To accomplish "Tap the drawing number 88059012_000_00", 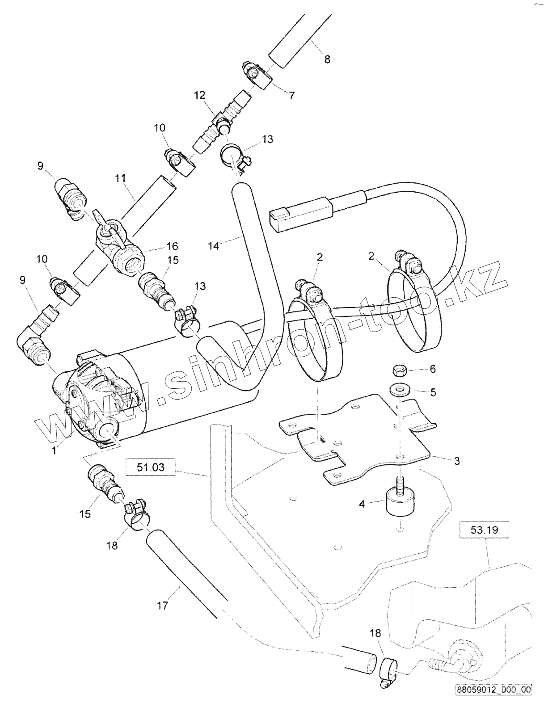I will (x=493, y=690).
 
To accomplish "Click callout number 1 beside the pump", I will (x=54, y=450).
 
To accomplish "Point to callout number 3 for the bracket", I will (x=457, y=460).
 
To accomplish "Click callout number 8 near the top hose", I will (x=327, y=59).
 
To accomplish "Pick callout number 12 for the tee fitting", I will (x=200, y=95).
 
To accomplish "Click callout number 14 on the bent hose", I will (x=214, y=245).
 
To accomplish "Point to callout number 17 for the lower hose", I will (x=162, y=606).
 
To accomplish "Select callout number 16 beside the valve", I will (x=172, y=246).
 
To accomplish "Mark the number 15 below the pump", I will (x=85, y=514).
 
